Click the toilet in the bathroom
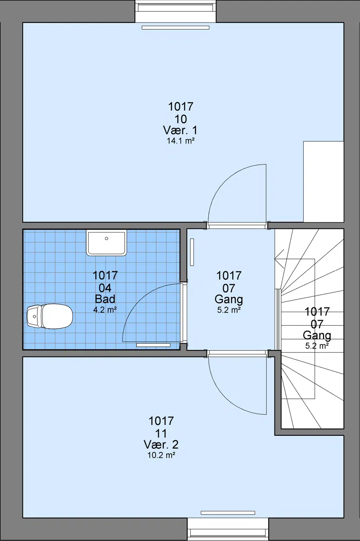click(50, 317)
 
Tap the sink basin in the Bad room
click(107, 243)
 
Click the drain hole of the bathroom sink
click(107, 238)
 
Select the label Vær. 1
click(180, 130)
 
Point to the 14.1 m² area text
click(181, 141)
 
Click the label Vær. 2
click(161, 444)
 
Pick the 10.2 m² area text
click(162, 455)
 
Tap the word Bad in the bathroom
click(105, 299)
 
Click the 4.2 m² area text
click(105, 309)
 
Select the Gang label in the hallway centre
click(229, 299)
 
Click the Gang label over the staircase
click(317, 335)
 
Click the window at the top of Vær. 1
click(175, 11)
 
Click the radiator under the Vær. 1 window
click(175, 28)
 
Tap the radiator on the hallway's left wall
click(192, 252)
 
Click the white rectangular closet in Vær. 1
click(324, 182)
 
